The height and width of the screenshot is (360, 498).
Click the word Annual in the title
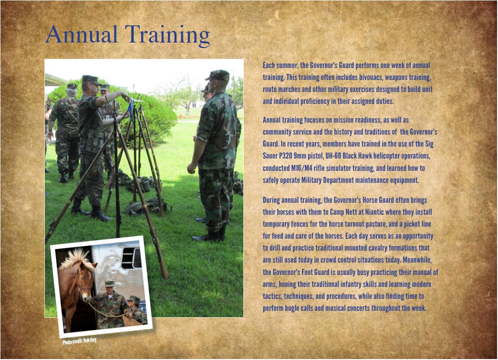click(82, 34)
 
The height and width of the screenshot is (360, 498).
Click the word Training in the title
click(167, 35)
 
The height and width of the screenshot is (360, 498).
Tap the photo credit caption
click(79, 341)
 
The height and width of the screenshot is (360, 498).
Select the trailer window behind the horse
click(132, 258)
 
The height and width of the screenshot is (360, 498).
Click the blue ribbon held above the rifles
click(130, 109)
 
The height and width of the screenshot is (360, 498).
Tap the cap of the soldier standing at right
click(218, 75)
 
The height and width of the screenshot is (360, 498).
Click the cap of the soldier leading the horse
click(109, 282)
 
